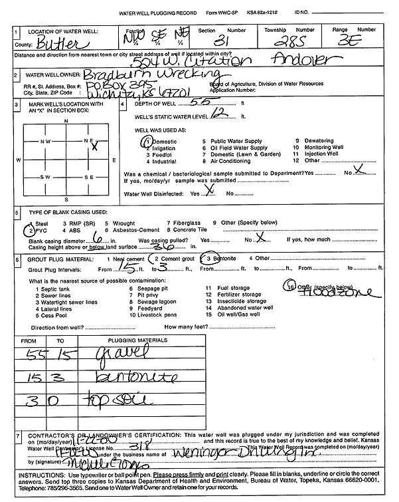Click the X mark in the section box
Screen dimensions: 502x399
coord(95,146)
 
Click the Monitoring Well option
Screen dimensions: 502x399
coord(323,148)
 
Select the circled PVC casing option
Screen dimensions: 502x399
coord(36,230)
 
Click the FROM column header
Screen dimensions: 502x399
coord(29,340)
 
